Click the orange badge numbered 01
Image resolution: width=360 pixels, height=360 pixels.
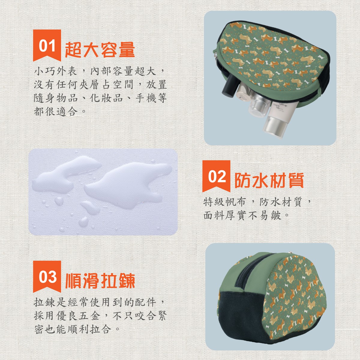(x=47, y=45)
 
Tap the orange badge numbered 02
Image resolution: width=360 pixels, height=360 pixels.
(x=216, y=176)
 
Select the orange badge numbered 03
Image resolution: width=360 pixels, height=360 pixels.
(x=47, y=277)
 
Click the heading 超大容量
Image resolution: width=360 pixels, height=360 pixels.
(x=100, y=50)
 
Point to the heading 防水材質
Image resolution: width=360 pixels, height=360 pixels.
(x=269, y=180)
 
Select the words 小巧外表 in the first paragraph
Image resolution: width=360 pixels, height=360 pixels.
(x=55, y=71)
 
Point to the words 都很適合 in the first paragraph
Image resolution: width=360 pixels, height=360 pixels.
(x=55, y=112)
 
